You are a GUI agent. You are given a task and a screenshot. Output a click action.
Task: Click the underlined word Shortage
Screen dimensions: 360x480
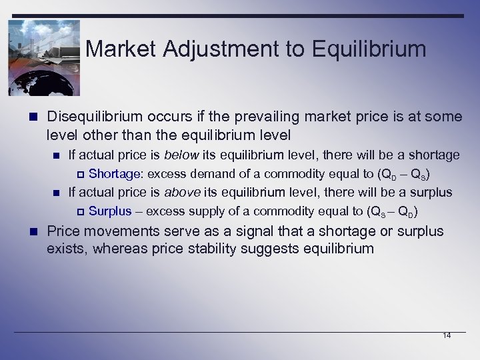(x=114, y=175)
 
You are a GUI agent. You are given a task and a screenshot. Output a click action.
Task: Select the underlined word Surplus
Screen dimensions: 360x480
(x=110, y=212)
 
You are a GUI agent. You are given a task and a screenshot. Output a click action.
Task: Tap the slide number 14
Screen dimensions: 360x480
(x=446, y=335)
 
